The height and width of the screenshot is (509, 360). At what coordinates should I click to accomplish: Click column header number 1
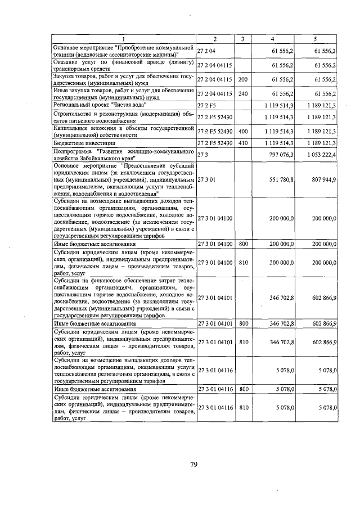pos(124,39)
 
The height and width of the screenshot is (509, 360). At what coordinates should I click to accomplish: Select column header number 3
pos(242,39)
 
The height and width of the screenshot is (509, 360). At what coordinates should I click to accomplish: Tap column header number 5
pos(316,39)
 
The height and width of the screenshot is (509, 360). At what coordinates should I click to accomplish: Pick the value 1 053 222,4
pos(321,155)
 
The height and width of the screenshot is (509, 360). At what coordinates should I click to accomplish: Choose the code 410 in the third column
pos(243,143)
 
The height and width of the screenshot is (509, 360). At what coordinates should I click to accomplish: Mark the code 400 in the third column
pos(243,130)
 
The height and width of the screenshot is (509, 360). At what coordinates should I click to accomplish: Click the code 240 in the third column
pos(243,93)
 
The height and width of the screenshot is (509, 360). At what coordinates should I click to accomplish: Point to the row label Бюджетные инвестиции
pos(79,143)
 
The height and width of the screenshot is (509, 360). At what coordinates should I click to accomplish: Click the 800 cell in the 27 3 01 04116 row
pos(243,388)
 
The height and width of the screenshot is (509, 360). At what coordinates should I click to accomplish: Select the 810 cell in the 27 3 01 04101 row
pos(243,341)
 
